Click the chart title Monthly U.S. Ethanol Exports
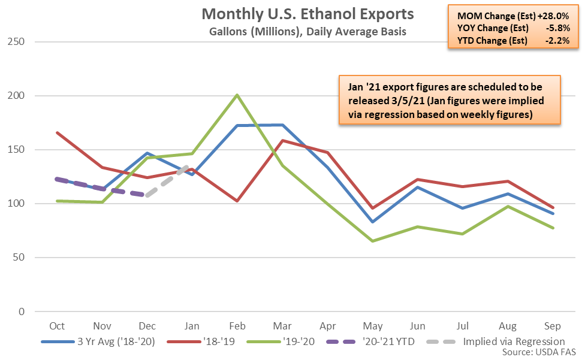click(x=307, y=14)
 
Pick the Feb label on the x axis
click(x=237, y=326)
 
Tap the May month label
click(x=372, y=326)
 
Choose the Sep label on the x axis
click(x=552, y=326)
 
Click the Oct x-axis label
click(x=57, y=326)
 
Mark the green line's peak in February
click(x=237, y=95)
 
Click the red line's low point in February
click(x=237, y=201)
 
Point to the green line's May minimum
click(x=372, y=241)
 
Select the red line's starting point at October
click(x=57, y=132)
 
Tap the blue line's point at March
click(x=282, y=125)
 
